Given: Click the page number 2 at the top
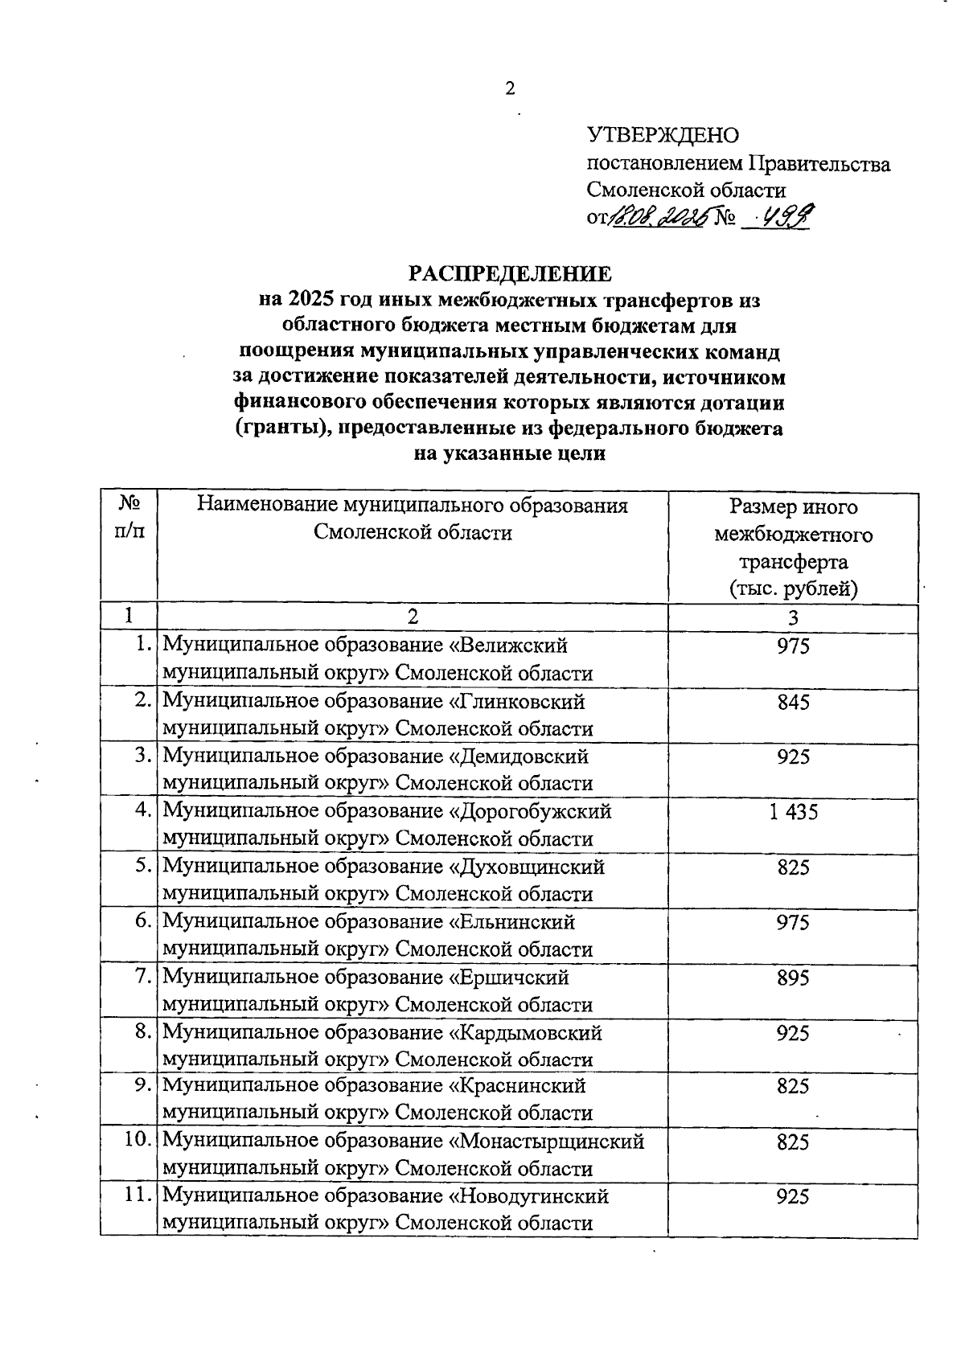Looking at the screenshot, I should tap(510, 88).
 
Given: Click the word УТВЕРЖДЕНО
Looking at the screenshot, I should tap(663, 135).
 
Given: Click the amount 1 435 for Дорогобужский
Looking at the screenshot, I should tap(793, 812).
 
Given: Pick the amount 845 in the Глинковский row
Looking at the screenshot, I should tap(793, 703).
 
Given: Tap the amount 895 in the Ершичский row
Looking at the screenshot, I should tap(793, 978).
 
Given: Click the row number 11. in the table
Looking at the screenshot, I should tap(138, 1195).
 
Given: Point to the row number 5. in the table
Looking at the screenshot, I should tap(143, 866).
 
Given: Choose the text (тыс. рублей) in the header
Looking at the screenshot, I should tap(793, 588).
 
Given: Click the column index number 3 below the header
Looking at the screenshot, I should tap(793, 617).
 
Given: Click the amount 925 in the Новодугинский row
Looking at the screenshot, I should tap(793, 1197).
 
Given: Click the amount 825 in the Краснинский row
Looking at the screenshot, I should tap(793, 1087).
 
